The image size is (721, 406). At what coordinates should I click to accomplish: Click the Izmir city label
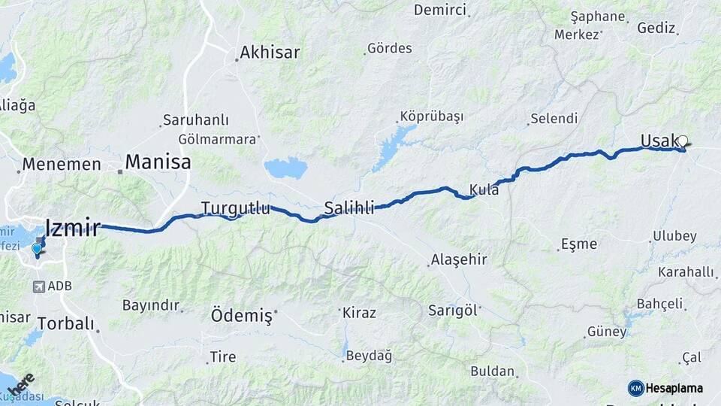point(72,227)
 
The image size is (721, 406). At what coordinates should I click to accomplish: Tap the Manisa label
point(158,162)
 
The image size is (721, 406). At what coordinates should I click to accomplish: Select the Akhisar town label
point(270,53)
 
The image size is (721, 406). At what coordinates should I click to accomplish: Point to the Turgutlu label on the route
point(235,208)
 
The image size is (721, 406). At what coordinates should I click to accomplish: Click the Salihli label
point(348,208)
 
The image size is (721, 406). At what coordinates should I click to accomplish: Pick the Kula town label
point(484,189)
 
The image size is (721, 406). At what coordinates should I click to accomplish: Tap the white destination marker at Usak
point(683,141)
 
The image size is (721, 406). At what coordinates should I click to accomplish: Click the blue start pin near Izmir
point(36,249)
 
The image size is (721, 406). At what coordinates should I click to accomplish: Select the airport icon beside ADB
point(38,286)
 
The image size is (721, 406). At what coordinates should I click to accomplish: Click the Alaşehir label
point(458,260)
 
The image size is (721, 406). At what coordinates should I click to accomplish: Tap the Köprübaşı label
point(431,117)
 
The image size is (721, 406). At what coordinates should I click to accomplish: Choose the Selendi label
point(554,118)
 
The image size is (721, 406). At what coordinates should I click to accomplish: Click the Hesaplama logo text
point(674,389)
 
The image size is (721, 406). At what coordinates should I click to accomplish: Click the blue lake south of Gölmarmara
point(285,168)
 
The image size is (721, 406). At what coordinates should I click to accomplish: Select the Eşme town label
point(579,244)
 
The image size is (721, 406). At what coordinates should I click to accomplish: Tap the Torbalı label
point(66,324)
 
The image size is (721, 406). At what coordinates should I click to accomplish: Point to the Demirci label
point(439,10)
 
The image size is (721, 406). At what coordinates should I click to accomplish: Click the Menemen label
point(62,164)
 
